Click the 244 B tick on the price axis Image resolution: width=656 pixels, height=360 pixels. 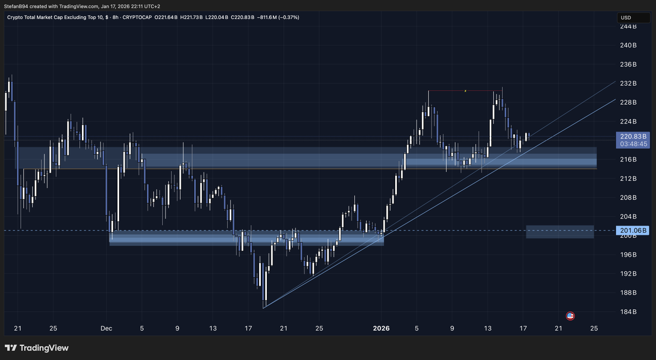[629, 26]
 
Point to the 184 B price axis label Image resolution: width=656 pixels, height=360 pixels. [629, 312]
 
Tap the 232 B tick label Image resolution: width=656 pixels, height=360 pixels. [629, 84]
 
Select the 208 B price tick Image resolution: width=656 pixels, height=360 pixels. [629, 198]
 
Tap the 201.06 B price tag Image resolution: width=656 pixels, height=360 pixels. [632, 231]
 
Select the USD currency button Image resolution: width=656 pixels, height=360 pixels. [625, 17]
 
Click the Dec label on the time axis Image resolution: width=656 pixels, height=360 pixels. [106, 328]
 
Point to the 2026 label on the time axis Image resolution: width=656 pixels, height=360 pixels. [382, 328]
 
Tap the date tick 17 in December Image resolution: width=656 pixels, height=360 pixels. [248, 328]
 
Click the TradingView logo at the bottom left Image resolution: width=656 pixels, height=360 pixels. [37, 348]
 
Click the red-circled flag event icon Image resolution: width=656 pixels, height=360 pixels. [570, 316]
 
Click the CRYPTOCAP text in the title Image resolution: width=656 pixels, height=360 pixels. [138, 17]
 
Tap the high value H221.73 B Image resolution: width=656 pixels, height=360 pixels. [194, 17]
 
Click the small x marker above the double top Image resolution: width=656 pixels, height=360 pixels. [465, 91]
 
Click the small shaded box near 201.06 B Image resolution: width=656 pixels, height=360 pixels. [560, 232]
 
